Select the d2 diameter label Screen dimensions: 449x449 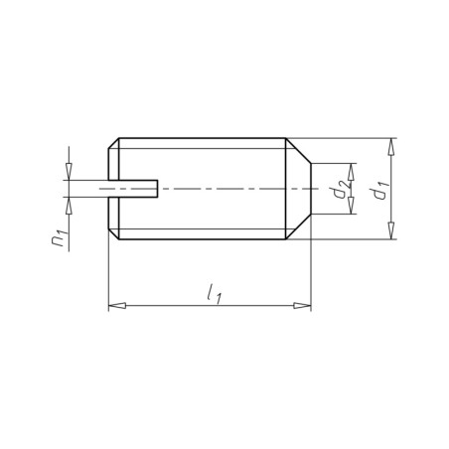[x=342, y=189]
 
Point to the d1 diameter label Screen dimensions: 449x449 [x=379, y=189]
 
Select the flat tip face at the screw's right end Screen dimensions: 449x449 [x=312, y=188]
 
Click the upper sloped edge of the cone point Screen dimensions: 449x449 [x=299, y=150]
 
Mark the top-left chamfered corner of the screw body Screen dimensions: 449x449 [x=112, y=142]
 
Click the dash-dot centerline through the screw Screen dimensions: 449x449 [x=228, y=188]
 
